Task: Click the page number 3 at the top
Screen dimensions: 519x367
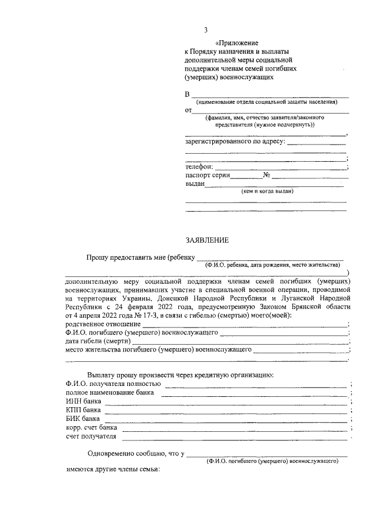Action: pos(206,30)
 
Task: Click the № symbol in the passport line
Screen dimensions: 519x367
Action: pos(266,175)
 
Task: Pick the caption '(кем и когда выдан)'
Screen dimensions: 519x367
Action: pos(267,192)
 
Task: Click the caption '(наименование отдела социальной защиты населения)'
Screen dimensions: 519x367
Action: pos(266,102)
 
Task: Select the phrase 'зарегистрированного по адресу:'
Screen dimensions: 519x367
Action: pos(235,141)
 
